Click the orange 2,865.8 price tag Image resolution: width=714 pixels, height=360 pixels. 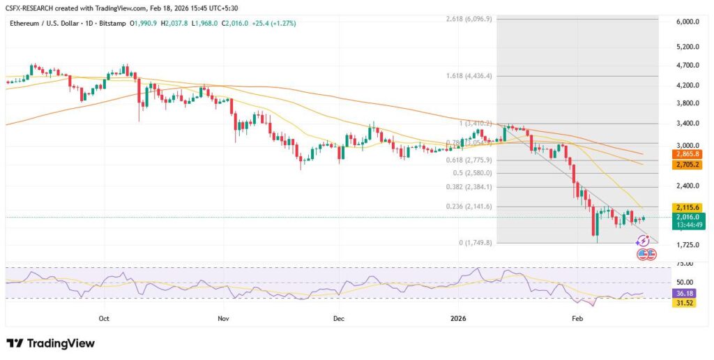pos(686,153)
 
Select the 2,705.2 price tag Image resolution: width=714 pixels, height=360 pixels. pos(686,165)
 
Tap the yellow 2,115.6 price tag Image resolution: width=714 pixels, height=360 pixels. pos(686,207)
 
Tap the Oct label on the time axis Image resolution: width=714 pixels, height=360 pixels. pos(104,318)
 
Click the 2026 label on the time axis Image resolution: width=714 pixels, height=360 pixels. pos(458,318)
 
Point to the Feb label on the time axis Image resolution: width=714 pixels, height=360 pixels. pos(577,318)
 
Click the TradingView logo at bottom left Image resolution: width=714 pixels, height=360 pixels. pos(50,343)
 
